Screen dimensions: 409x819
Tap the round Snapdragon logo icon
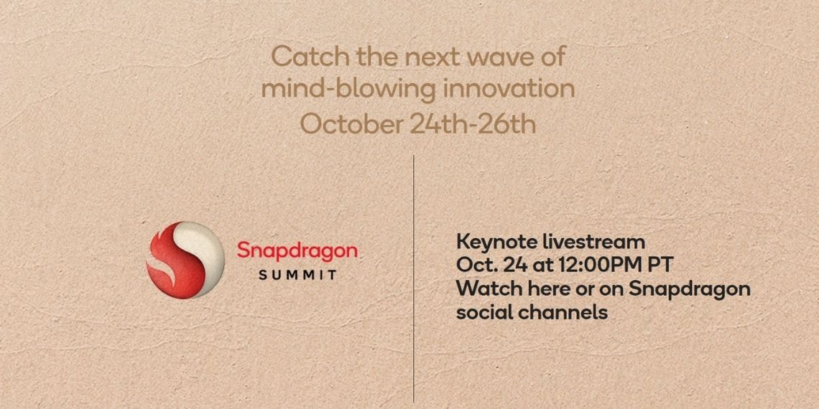click(185, 259)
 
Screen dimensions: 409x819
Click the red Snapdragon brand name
click(297, 251)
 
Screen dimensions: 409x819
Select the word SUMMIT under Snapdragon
click(297, 274)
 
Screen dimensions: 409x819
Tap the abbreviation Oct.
click(476, 265)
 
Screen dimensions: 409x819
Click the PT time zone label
click(660, 265)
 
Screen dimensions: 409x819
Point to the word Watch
click(485, 289)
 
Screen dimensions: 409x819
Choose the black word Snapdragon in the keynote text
click(689, 289)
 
